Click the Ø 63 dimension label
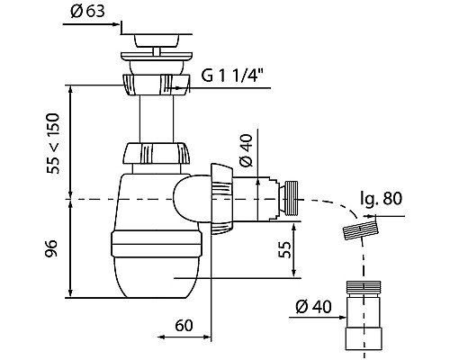[87, 12]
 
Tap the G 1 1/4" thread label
[232, 75]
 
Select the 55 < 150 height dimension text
[53, 143]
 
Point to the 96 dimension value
[51, 248]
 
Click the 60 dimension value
[184, 325]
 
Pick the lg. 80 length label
[381, 199]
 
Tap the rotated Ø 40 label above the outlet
[247, 149]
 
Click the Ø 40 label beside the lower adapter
[313, 307]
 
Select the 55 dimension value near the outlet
[285, 249]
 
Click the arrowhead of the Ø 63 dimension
[118, 24]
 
